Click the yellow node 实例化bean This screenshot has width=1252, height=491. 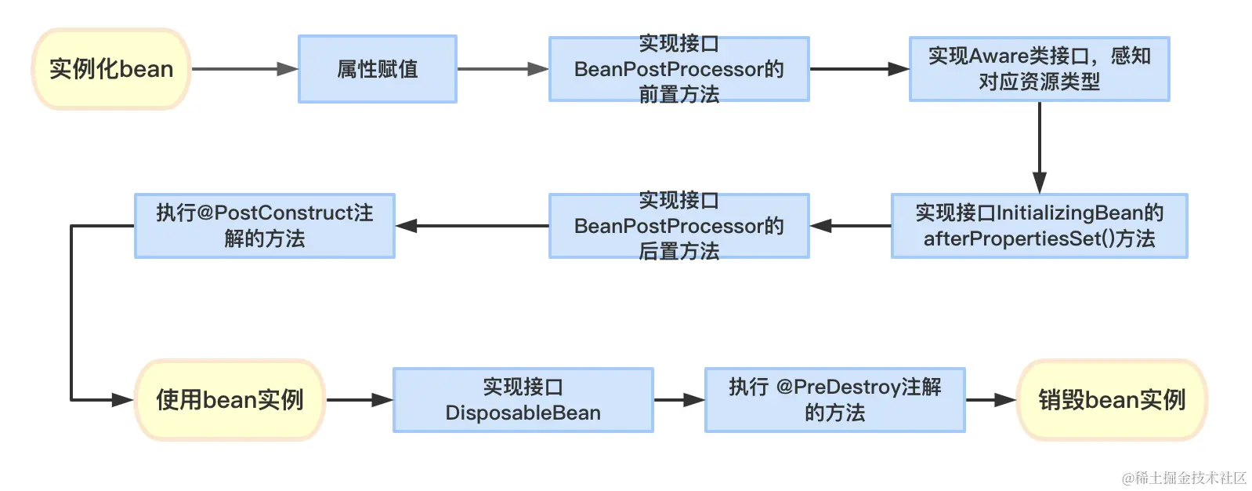111,69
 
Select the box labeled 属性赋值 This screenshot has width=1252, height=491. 377,69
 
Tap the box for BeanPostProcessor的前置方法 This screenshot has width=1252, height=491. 678,69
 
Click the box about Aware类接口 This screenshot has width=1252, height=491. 1039,69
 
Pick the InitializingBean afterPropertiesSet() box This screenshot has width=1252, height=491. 1039,226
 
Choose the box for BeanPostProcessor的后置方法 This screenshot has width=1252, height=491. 678,226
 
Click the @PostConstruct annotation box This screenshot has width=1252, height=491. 264,226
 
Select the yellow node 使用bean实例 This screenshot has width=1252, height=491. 230,400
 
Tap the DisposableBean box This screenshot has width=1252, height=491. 523,400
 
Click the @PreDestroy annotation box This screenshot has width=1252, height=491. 834,400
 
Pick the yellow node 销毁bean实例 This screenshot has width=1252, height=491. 1112,400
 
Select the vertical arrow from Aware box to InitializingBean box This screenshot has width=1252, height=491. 1039,147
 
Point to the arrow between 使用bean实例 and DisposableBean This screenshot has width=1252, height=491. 359,400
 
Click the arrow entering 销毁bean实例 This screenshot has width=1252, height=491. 990,400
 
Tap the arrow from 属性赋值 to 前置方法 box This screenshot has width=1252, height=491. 502,69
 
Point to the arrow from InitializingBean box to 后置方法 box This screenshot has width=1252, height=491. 850,226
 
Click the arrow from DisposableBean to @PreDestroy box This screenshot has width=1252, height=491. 678,400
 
